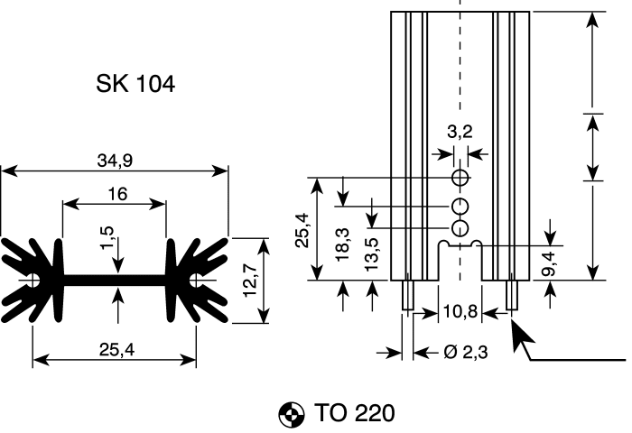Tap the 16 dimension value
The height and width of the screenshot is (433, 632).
click(115, 194)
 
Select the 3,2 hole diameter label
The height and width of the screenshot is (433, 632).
click(460, 132)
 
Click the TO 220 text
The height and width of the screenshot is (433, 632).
click(355, 414)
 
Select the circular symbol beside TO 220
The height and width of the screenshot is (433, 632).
click(291, 415)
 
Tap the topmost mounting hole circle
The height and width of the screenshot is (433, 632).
click(460, 174)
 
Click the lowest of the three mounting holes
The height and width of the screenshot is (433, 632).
click(460, 226)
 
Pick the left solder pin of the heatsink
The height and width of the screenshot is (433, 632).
click(407, 295)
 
